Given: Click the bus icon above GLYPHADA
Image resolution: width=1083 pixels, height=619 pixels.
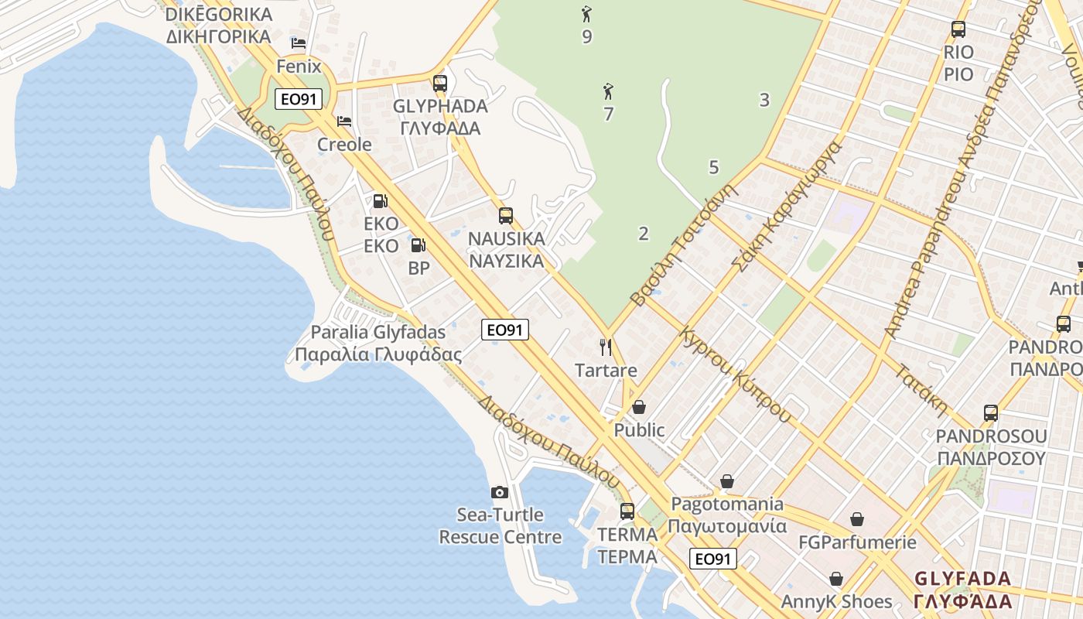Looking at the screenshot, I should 440,83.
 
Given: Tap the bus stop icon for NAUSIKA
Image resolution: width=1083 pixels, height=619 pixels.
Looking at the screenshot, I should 506,216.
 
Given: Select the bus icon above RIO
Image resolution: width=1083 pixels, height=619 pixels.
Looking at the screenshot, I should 958,29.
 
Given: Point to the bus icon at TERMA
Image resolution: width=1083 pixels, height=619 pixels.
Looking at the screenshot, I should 627,511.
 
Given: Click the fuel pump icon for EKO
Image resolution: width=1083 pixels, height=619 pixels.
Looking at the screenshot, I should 381,201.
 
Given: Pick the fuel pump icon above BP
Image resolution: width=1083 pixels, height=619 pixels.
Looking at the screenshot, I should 418,245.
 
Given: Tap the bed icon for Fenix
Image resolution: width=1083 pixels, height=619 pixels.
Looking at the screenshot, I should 299,43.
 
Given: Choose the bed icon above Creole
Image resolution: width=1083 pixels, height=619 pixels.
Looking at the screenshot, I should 344,121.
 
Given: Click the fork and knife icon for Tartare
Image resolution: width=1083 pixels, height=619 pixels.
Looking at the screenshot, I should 606,347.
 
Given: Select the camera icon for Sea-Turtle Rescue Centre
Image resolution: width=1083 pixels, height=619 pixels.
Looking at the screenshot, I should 500,492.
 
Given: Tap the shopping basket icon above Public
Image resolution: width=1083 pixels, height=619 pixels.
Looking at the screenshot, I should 639,407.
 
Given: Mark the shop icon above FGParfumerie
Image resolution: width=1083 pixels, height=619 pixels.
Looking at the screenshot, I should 857,519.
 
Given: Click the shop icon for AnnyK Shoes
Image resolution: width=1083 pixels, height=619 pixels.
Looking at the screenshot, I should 836,579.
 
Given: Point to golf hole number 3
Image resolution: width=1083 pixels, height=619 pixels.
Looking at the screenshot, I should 764,100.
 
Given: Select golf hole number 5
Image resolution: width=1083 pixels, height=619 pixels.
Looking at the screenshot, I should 713,167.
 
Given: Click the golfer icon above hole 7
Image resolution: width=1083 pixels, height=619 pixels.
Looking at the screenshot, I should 608,92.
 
